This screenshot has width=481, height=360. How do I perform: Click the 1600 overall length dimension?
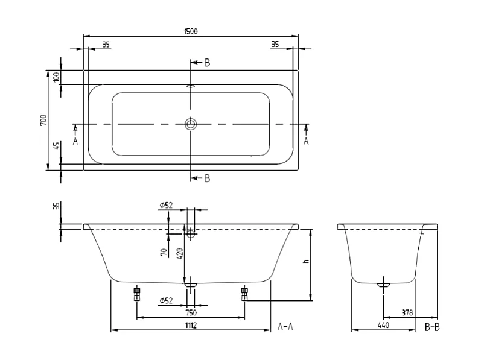[x=191, y=31]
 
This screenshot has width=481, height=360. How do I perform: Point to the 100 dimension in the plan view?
[x=56, y=77]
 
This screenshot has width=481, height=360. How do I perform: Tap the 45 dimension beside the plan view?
[x=56, y=147]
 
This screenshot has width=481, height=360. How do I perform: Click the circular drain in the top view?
[x=191, y=124]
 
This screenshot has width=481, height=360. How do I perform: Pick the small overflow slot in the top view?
[x=191, y=86]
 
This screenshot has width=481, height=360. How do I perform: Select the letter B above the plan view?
[x=207, y=62]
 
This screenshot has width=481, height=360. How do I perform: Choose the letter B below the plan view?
[x=207, y=178]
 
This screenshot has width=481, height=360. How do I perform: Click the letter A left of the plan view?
[x=75, y=141]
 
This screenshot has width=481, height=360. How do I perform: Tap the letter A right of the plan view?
[x=306, y=141]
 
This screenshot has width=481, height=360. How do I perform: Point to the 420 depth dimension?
[x=179, y=253]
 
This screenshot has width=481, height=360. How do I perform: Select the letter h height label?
[x=306, y=262]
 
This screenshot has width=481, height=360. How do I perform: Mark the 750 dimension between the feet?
[x=191, y=312]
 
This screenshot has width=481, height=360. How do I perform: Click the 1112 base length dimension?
[x=191, y=326]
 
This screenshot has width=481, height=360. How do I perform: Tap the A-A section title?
[x=285, y=326]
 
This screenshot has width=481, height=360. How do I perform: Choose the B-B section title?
[x=433, y=326]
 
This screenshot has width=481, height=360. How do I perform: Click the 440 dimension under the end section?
[x=383, y=326]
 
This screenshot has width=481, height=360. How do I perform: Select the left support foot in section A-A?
[x=137, y=294]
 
